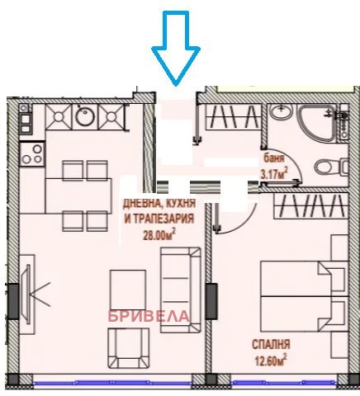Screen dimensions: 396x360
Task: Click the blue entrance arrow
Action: (x=175, y=51)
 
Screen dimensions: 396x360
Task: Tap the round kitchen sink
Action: (x=85, y=119)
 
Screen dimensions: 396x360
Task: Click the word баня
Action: (x=272, y=160)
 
